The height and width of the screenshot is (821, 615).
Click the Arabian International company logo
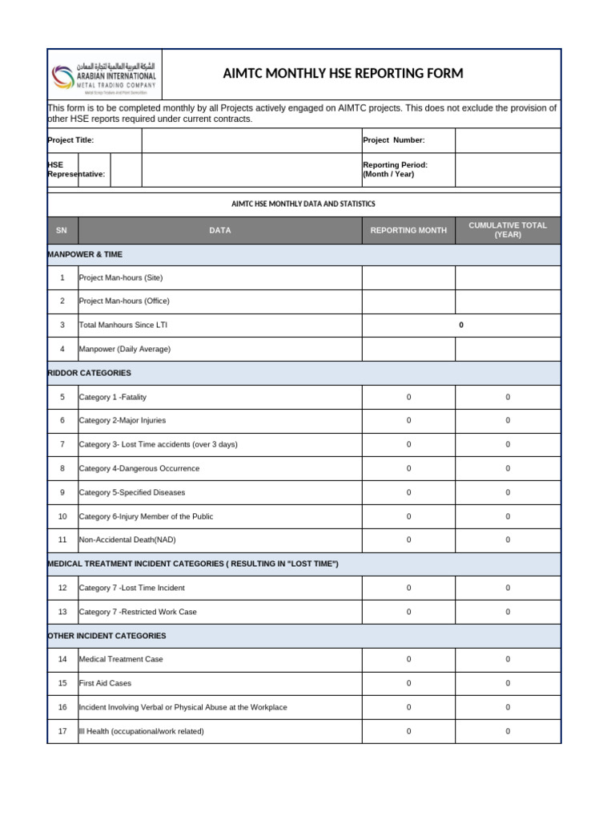click(104, 75)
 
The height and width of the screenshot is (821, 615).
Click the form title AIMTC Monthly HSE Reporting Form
click(343, 74)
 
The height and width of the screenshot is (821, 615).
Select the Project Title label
click(71, 140)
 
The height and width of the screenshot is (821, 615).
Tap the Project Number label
click(394, 140)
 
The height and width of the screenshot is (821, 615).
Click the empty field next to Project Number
click(508, 140)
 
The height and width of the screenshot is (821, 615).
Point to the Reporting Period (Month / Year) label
click(396, 169)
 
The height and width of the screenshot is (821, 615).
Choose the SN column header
click(62, 231)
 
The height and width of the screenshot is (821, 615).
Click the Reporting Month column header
click(408, 231)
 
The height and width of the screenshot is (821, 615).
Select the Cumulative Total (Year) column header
click(508, 230)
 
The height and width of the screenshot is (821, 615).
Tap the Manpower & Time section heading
click(85, 254)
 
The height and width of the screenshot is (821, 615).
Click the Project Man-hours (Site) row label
click(121, 277)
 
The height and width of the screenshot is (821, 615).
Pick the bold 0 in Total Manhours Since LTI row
click(461, 326)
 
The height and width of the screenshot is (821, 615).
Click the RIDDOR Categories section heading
click(90, 373)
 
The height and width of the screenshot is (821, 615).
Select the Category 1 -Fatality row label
click(113, 397)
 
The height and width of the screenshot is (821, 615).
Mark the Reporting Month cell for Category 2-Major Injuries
click(408, 421)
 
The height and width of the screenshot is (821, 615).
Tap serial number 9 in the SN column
click(62, 492)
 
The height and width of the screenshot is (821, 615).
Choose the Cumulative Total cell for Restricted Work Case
click(508, 612)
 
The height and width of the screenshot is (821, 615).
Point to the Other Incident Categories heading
click(107, 636)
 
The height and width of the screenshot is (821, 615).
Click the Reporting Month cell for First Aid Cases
click(408, 684)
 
